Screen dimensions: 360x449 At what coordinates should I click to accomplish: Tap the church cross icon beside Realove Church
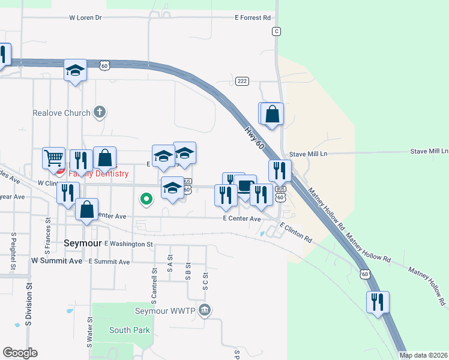click(x=100, y=112)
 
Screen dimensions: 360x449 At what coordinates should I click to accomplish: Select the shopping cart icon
click(x=53, y=158)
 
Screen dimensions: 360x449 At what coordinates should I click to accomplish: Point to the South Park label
click(x=129, y=330)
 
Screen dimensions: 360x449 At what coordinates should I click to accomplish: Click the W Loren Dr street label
click(x=85, y=18)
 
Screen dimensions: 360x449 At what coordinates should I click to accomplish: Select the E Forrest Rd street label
click(x=252, y=18)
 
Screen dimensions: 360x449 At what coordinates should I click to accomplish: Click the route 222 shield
click(x=242, y=81)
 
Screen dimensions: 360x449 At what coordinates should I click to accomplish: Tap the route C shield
click(x=276, y=31)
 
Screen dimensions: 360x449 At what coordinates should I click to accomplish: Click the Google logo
click(x=20, y=353)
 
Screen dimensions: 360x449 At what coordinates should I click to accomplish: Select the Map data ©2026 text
click(x=423, y=355)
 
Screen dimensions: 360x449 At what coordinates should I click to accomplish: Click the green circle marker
click(x=145, y=199)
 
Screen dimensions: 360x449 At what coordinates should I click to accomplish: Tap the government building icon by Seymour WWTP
click(x=205, y=310)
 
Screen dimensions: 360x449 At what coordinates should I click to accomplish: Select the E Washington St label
click(x=128, y=244)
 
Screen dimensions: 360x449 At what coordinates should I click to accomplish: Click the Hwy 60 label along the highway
click(x=255, y=137)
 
